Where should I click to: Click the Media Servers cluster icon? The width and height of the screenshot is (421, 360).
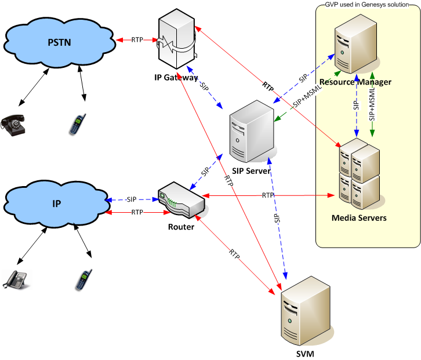[x=359, y=172]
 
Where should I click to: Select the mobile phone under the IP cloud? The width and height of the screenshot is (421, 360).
[x=80, y=280]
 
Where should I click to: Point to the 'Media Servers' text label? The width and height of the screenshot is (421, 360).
[x=358, y=218]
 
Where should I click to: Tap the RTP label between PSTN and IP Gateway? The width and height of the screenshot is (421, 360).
[x=137, y=40]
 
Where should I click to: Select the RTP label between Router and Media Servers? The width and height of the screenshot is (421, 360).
[x=267, y=195]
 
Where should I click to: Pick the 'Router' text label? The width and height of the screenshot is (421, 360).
[x=181, y=227]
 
